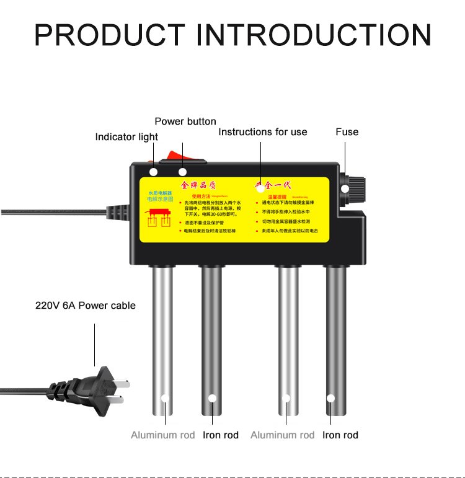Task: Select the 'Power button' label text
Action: pos(185,122)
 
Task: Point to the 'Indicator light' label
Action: pos(126,137)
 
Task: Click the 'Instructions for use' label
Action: pos(263,132)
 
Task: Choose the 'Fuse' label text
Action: pos(347,132)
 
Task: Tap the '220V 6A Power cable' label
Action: pos(86,306)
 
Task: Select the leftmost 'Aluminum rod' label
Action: pos(163,435)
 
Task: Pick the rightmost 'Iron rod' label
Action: pos(340,435)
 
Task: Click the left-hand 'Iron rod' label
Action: pos(221,435)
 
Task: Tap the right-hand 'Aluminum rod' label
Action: pos(283,435)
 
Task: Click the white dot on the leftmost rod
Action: pos(165,398)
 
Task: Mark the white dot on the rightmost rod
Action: pos(331,398)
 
